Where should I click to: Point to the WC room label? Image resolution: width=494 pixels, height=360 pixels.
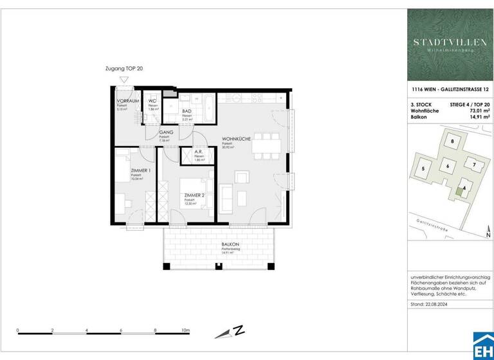tap(153, 102)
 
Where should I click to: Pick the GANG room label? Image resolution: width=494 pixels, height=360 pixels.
tap(167, 132)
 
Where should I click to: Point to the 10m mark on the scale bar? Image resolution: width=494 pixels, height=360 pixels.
tap(186, 330)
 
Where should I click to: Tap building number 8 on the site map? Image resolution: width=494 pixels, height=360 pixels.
tap(452, 141)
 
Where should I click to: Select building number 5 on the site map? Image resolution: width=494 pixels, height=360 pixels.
tap(423, 168)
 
